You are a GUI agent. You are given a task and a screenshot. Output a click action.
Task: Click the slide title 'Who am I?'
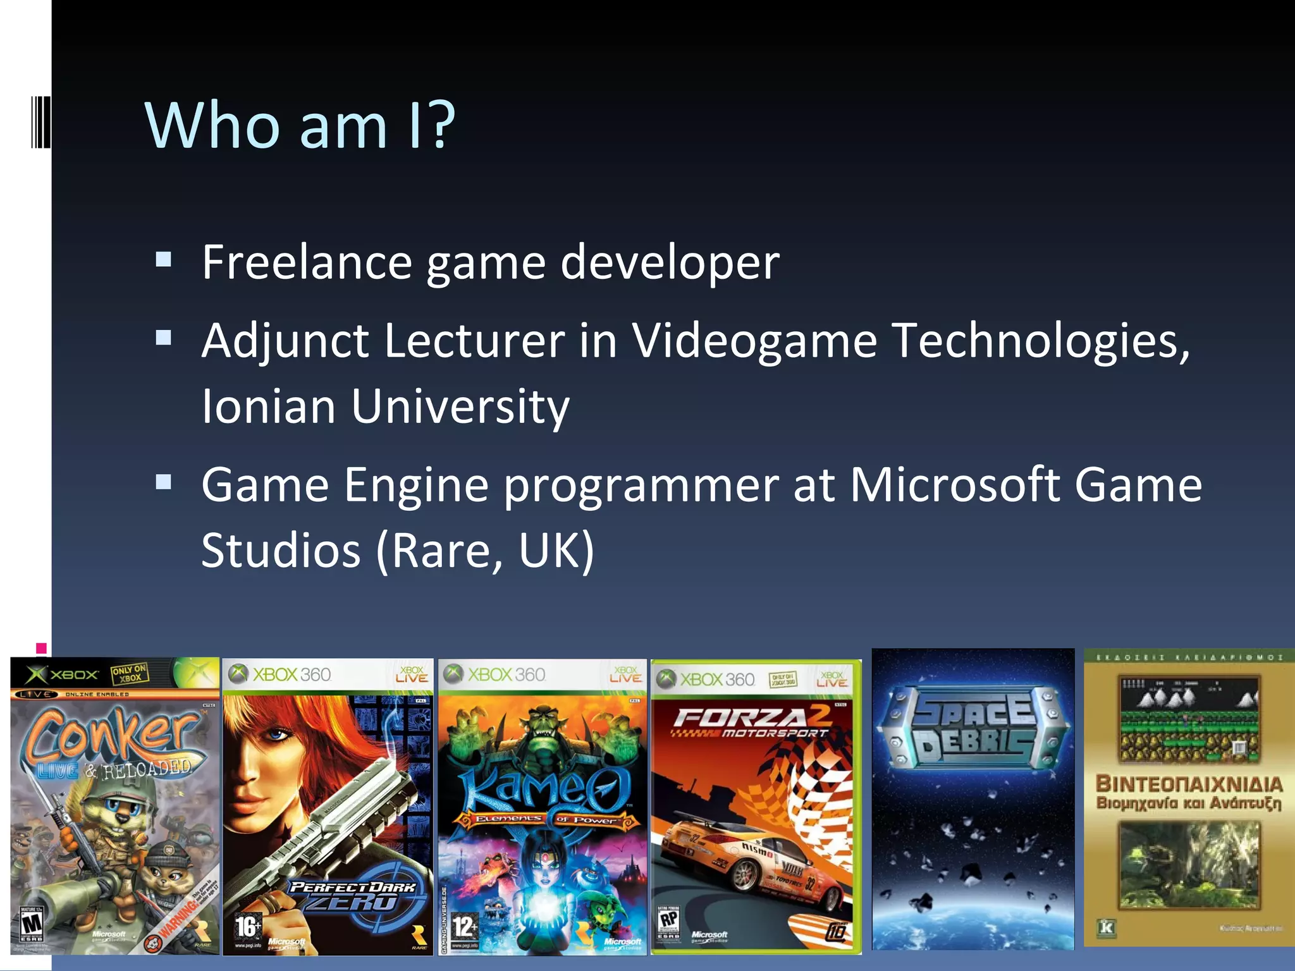click(x=300, y=125)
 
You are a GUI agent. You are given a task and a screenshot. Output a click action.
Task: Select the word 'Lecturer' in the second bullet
click(x=474, y=341)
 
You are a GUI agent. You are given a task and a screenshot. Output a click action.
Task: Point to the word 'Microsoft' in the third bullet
click(x=955, y=485)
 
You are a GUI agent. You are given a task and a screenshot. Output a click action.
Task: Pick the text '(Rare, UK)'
click(x=485, y=550)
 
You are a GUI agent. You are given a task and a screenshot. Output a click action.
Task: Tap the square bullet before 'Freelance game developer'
click(x=164, y=259)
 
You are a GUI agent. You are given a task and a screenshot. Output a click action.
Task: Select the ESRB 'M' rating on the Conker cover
click(x=32, y=924)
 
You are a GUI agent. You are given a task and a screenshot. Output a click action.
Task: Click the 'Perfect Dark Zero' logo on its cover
click(x=354, y=895)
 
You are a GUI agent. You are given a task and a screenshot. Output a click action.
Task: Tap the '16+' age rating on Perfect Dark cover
click(x=248, y=926)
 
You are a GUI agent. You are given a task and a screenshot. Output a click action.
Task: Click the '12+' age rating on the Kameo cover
click(x=464, y=927)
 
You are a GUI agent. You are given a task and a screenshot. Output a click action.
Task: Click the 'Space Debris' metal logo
click(x=974, y=727)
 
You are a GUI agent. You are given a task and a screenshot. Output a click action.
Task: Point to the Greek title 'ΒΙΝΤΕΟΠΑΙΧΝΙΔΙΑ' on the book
click(x=1189, y=784)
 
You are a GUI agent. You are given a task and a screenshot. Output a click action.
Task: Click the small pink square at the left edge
click(x=41, y=648)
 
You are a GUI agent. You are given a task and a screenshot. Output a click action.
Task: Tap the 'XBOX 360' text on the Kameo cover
click(x=506, y=675)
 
